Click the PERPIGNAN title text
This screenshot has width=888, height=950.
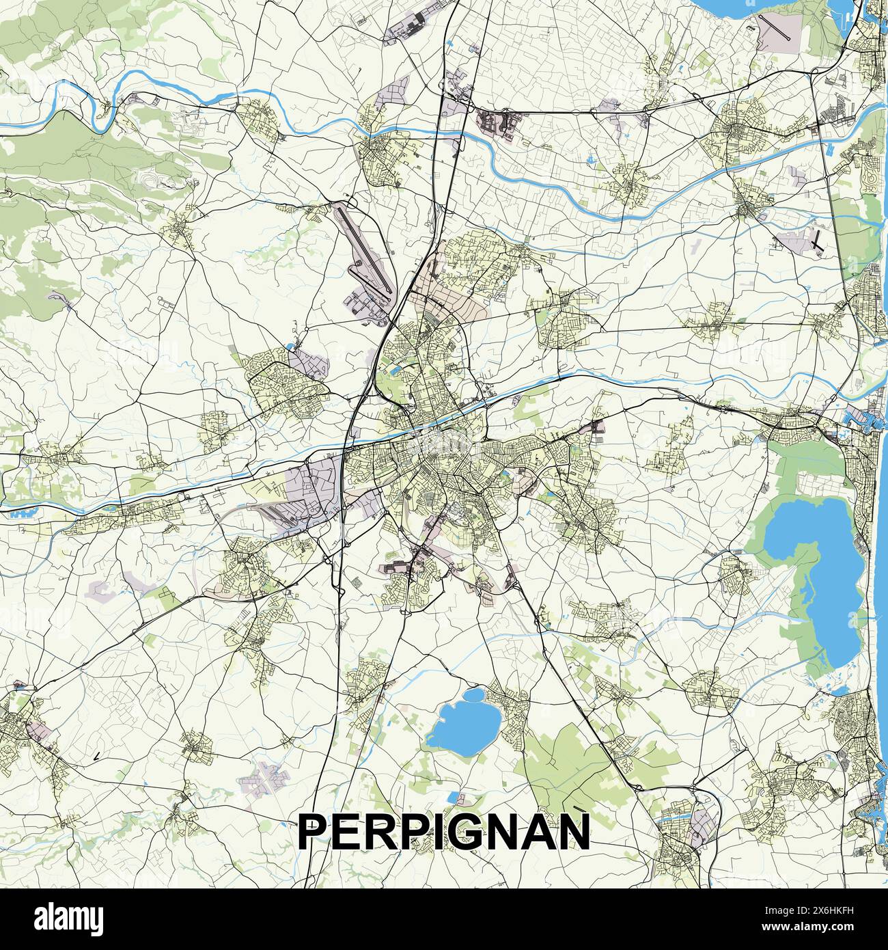444,831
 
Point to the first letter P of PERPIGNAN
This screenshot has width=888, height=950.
314,832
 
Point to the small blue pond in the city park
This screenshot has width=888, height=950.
395,370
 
